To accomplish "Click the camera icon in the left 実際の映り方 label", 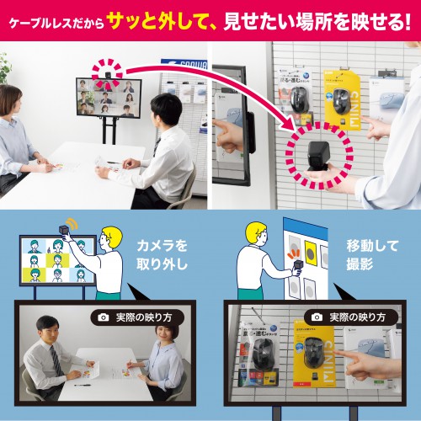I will pyautogui.click(x=104, y=317).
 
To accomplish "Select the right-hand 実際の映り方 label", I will pyautogui.click(x=349, y=317).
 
